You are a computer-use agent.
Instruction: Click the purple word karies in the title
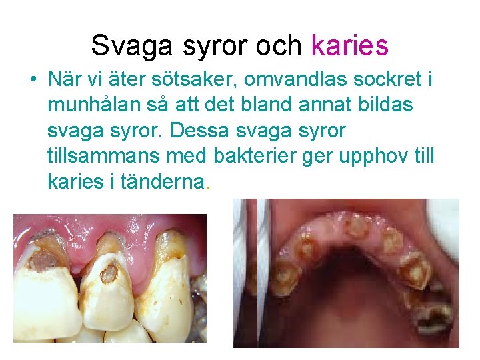click(349, 45)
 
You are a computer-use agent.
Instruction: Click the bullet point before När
click(32, 80)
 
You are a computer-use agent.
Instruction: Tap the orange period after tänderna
click(209, 187)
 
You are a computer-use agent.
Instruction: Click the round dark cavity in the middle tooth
click(110, 272)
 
